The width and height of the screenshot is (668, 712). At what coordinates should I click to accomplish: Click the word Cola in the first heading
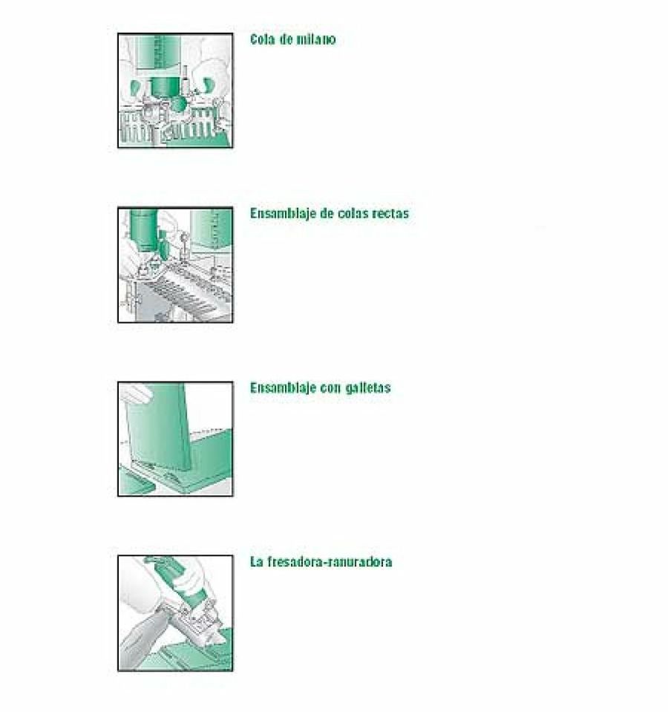262,39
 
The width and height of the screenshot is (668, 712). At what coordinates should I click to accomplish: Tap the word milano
316,39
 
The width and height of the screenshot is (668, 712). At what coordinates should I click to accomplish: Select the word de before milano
286,39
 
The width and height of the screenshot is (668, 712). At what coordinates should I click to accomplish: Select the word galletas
368,388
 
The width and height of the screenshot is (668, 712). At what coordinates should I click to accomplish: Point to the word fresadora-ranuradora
329,562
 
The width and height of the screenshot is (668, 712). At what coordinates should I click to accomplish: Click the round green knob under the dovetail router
177,105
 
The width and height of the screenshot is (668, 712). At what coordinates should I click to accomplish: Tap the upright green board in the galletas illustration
157,429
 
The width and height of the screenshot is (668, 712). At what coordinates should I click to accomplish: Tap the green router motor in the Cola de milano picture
158,53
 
